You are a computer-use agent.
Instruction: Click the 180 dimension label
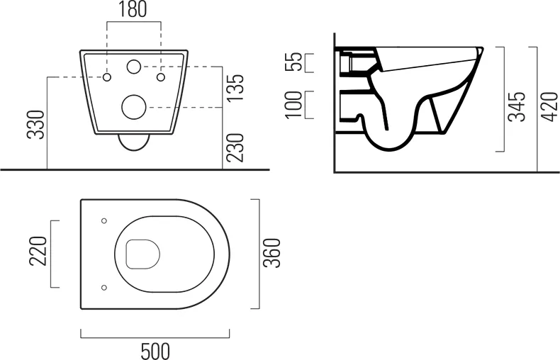[x=133, y=10]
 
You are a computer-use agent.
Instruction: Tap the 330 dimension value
[x=36, y=125]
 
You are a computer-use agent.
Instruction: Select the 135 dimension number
[x=235, y=87]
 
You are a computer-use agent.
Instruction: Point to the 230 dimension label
[x=235, y=147]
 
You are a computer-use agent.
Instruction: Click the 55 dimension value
[x=294, y=62]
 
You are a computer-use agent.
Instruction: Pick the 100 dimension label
[x=294, y=104]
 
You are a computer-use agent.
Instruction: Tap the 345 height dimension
[x=517, y=107]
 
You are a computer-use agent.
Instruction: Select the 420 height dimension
[x=549, y=107]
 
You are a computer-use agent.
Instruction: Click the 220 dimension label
[x=38, y=251]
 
